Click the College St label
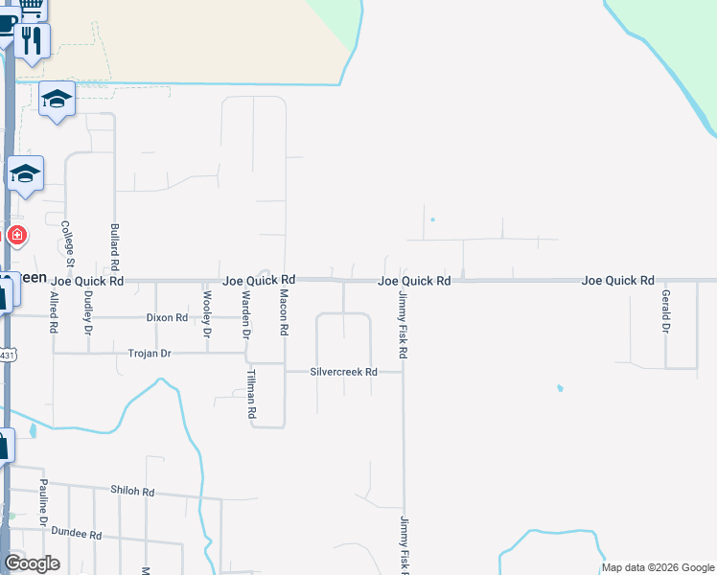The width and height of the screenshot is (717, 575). coord(68,241)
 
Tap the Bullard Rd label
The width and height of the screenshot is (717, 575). coord(115,246)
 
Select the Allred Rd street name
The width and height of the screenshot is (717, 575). coord(54,311)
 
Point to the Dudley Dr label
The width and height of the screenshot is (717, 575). coord(87,311)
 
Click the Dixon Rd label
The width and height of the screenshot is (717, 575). coord(167,316)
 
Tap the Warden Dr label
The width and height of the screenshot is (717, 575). coord(245,314)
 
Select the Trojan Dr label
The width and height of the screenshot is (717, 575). coord(149,354)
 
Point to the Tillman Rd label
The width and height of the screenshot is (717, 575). coord(252,394)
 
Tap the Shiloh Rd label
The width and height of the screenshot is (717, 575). coord(132,491)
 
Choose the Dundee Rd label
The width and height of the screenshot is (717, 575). coord(77,531)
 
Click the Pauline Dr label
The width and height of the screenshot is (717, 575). coord(43,502)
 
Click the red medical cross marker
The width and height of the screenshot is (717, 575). coord(16,235)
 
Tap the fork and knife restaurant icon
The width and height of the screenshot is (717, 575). coord(33,39)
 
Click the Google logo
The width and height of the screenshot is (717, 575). coord(32,563)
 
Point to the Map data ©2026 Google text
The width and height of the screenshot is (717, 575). coord(657,568)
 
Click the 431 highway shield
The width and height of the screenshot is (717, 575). coord(8,356)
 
